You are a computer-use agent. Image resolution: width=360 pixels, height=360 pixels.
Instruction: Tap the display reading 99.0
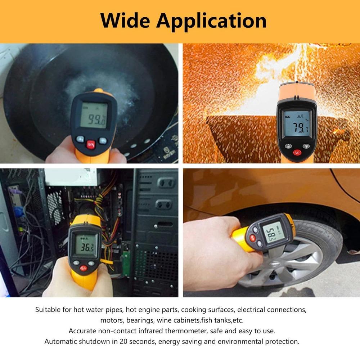[94, 115]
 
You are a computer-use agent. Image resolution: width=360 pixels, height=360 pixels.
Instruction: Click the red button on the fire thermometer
[297, 152]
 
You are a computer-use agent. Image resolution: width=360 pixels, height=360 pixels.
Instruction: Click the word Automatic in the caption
[60, 341]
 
